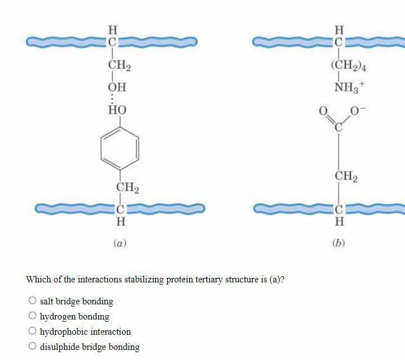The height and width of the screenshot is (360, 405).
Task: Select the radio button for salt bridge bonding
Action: pyautogui.click(x=33, y=301)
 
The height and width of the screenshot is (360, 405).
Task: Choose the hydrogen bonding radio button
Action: pyautogui.click(x=33, y=316)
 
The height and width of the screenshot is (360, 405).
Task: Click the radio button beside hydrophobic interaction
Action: pyautogui.click(x=33, y=331)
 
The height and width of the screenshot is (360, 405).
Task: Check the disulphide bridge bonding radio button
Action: pyautogui.click(x=33, y=346)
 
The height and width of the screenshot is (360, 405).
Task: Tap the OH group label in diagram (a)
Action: pyautogui.click(x=117, y=87)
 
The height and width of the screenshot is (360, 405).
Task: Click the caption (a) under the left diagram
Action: pyautogui.click(x=119, y=244)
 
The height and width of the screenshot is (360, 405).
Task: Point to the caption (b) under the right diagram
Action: pyautogui.click(x=338, y=244)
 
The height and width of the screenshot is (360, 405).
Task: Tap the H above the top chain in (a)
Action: pyautogui.click(x=112, y=29)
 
